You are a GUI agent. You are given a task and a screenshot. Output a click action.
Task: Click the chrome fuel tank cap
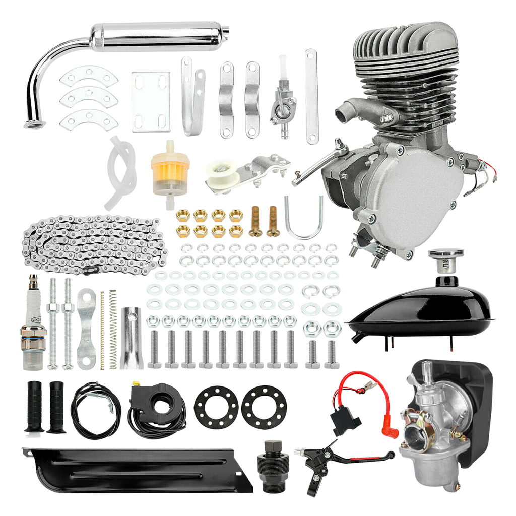pyautogui.click(x=445, y=257)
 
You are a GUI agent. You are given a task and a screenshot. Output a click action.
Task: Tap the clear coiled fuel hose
pyautogui.click(x=119, y=171)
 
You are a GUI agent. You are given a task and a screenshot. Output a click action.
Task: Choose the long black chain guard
pyautogui.click(x=136, y=469)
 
